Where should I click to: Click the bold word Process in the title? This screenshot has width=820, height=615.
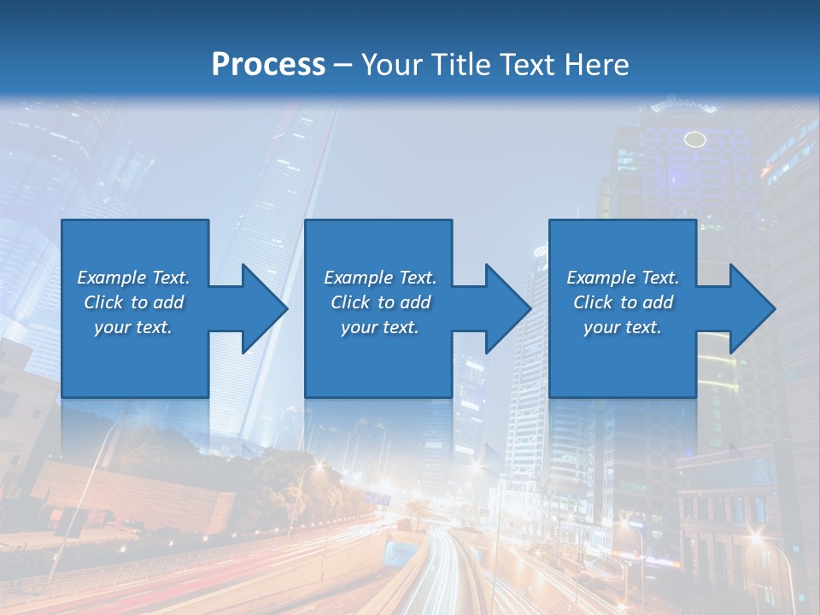point(268,65)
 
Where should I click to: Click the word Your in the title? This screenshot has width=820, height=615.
point(393,65)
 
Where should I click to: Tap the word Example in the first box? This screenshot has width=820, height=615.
point(112,278)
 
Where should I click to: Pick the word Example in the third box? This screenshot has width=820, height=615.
point(601,278)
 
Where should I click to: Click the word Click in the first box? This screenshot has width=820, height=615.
point(103,302)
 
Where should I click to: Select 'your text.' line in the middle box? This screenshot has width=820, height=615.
point(379,327)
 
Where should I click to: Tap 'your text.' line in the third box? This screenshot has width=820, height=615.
point(623,327)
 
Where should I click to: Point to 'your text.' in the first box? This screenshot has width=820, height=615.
point(133,327)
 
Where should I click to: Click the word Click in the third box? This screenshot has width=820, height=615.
point(593,302)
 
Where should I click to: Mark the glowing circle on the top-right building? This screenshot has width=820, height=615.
point(695,139)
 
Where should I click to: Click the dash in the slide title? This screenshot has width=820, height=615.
point(343,66)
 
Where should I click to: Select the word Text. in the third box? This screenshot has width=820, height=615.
point(659,278)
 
